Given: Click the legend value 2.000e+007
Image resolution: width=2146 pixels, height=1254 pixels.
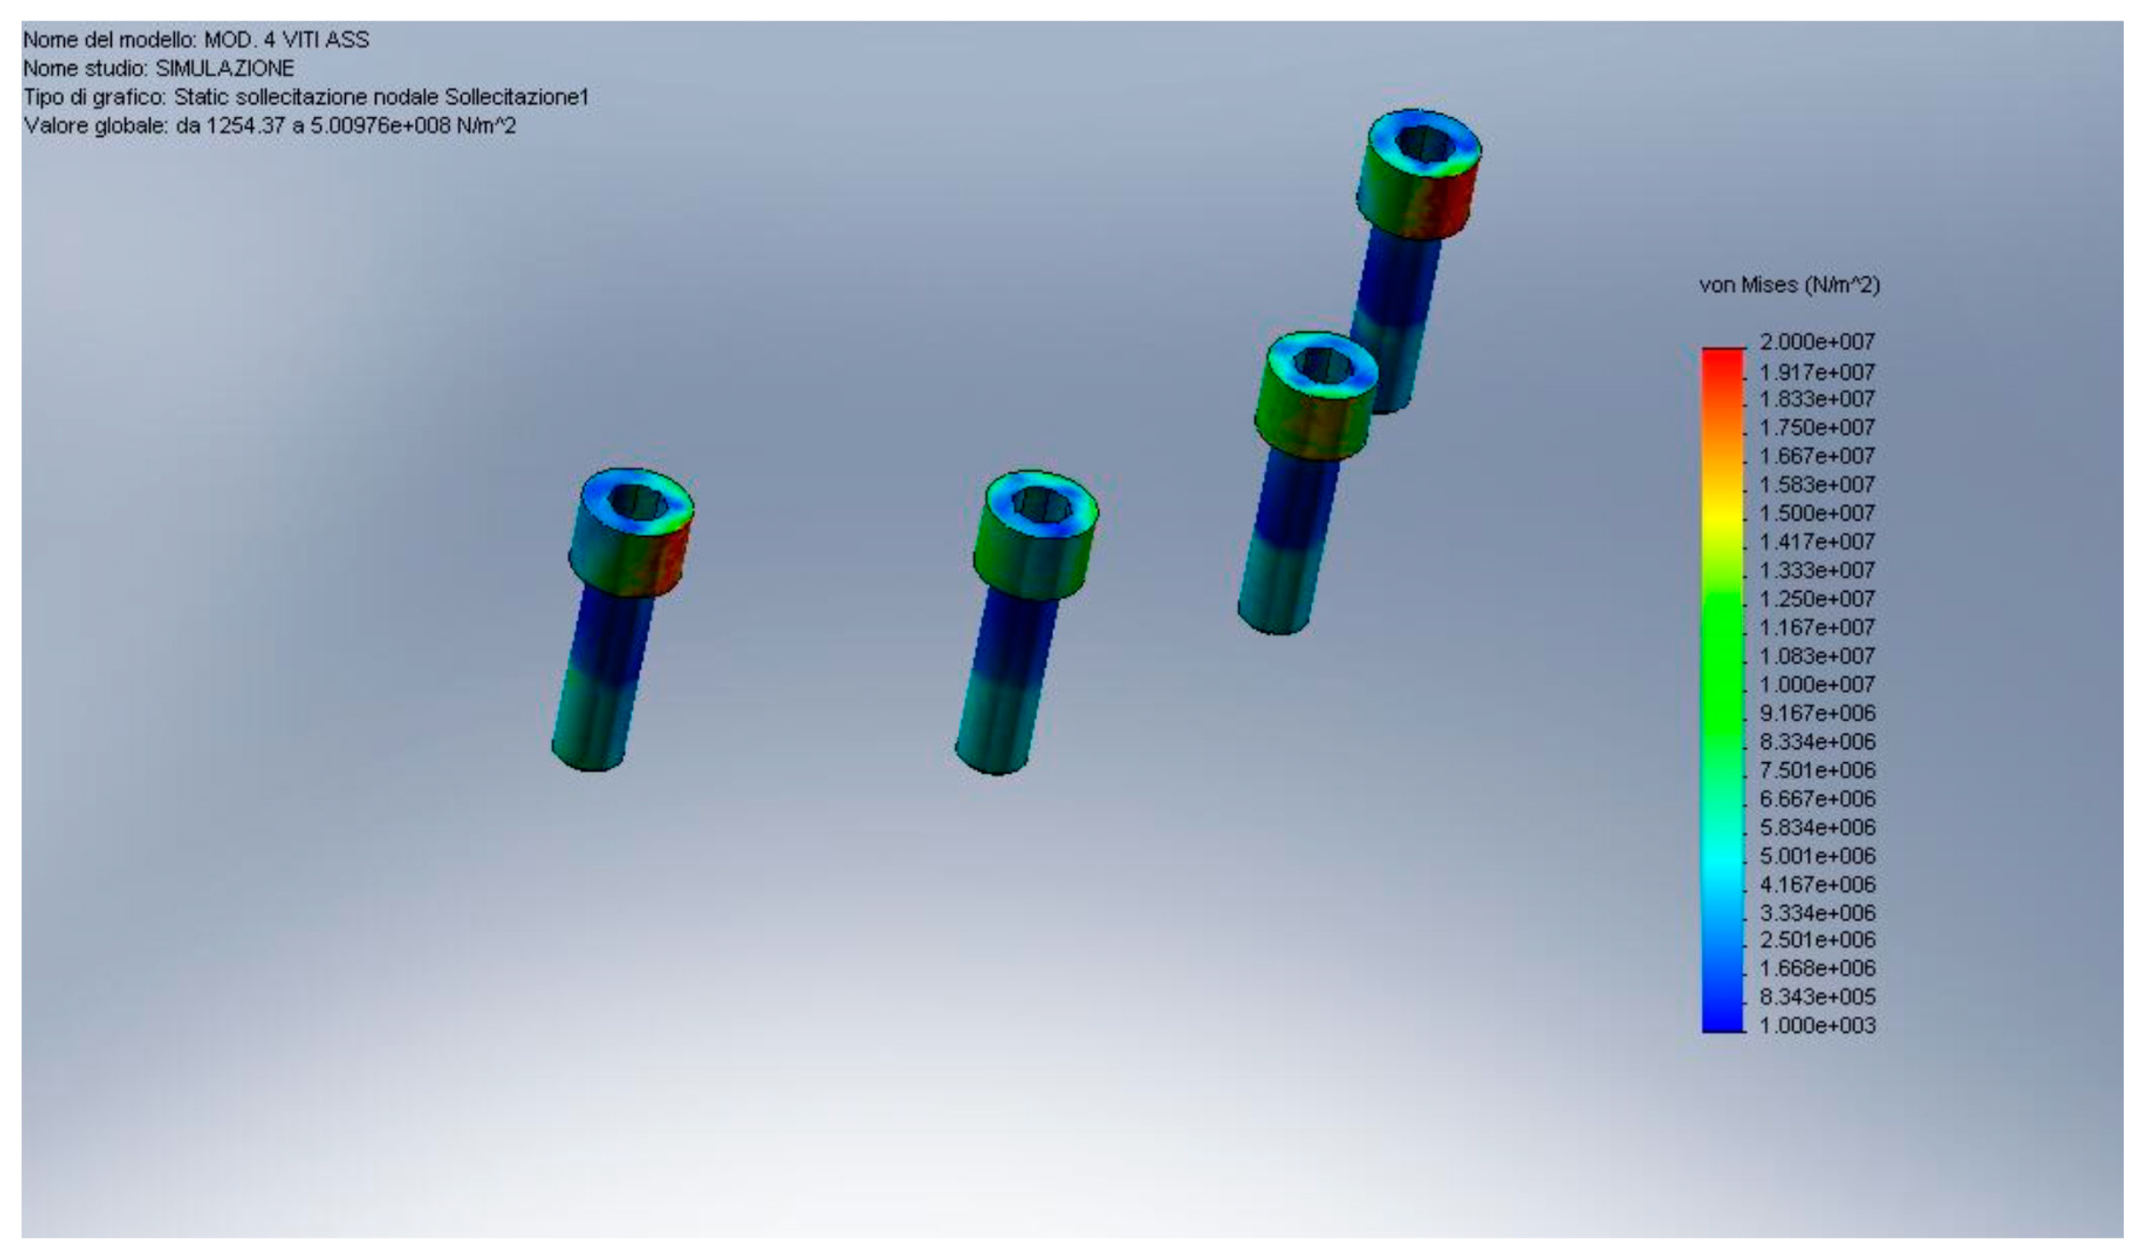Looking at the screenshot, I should pos(1816,342).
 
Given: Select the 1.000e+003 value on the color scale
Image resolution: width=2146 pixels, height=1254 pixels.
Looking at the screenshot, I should pos(1816,1026).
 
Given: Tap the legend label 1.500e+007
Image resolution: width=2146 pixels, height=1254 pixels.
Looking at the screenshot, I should pos(1816,513).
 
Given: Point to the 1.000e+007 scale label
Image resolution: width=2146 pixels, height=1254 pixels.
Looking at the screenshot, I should pos(1816,685).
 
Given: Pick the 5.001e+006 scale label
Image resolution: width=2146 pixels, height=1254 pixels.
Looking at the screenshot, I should pos(1816,856).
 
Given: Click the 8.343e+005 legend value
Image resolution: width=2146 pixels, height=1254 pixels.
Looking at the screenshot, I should pos(1816,997).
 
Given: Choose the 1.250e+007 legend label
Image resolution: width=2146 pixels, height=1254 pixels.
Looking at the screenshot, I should pos(1816,599).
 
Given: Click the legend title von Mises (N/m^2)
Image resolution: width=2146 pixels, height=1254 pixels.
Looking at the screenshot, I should pos(1789,286).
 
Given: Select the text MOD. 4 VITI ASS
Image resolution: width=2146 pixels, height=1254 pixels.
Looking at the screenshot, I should pos(286,40).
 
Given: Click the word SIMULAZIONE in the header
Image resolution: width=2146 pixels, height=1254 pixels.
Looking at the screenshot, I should pos(225,68).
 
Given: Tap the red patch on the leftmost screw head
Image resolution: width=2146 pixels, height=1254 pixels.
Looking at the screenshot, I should pos(673,558).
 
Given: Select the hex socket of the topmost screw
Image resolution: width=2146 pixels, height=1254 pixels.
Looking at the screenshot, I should pos(1425,143).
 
